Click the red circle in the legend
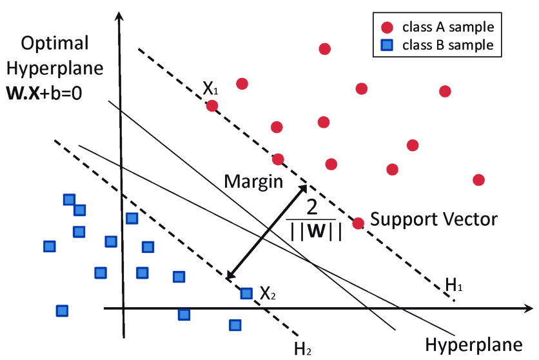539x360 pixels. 387,28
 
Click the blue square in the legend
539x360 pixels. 387,45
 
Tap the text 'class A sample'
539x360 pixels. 448,28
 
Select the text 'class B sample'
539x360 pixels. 448,45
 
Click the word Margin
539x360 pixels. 253,181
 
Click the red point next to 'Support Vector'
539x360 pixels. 358,223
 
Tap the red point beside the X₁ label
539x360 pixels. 211,105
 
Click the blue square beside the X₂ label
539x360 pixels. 246,294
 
